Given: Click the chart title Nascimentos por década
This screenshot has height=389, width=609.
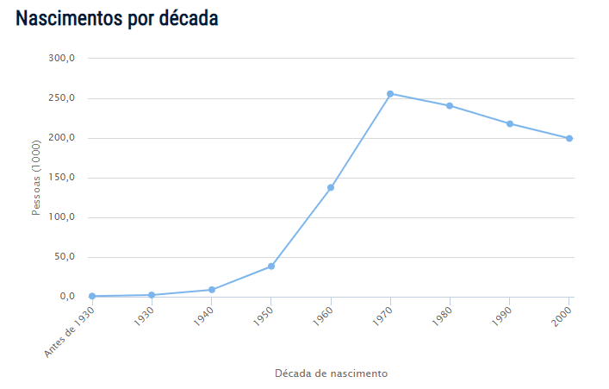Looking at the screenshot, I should [x=116, y=18].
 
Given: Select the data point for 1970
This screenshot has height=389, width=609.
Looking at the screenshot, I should [x=390, y=93].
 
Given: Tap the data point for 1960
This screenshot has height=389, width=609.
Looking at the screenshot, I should [x=331, y=187].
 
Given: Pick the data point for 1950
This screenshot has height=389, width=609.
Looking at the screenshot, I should [x=271, y=266].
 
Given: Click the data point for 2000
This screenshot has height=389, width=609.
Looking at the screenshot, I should [x=569, y=138].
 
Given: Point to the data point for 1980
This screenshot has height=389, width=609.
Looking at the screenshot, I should [x=450, y=106].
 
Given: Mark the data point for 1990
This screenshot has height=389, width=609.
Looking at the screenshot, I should [x=510, y=123].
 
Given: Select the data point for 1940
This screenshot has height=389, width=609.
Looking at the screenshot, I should [x=211, y=290].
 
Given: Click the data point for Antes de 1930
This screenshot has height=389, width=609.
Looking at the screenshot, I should [x=92, y=296].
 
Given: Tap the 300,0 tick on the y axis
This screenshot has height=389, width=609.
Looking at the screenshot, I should [x=63, y=59].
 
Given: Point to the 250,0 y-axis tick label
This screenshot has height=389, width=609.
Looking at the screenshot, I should [x=63, y=98].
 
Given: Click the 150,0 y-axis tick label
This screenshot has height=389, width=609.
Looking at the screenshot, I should [x=63, y=178].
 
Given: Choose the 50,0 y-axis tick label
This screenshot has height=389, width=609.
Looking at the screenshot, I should [x=65, y=257].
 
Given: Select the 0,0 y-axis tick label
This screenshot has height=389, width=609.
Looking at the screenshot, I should [x=68, y=297].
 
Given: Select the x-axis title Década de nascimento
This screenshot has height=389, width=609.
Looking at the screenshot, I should [x=331, y=373].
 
